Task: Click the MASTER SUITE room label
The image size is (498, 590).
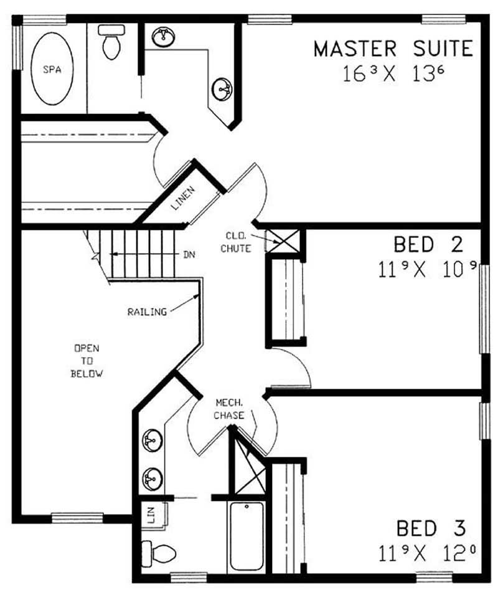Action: [x=393, y=49]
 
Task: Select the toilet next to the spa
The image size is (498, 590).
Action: [x=111, y=42]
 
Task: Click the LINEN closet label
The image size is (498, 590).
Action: [x=184, y=199]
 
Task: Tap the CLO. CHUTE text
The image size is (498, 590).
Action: [x=239, y=243]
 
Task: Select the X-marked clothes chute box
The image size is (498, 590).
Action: [x=275, y=240]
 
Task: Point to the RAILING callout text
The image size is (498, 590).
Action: [x=147, y=312]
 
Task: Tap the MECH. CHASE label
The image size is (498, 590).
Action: [x=229, y=409]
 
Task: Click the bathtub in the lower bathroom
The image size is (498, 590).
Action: [x=247, y=536]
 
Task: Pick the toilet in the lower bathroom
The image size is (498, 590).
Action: [x=159, y=551]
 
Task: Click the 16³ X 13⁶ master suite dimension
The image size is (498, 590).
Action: [x=392, y=74]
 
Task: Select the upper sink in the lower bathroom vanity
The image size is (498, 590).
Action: [x=150, y=441]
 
